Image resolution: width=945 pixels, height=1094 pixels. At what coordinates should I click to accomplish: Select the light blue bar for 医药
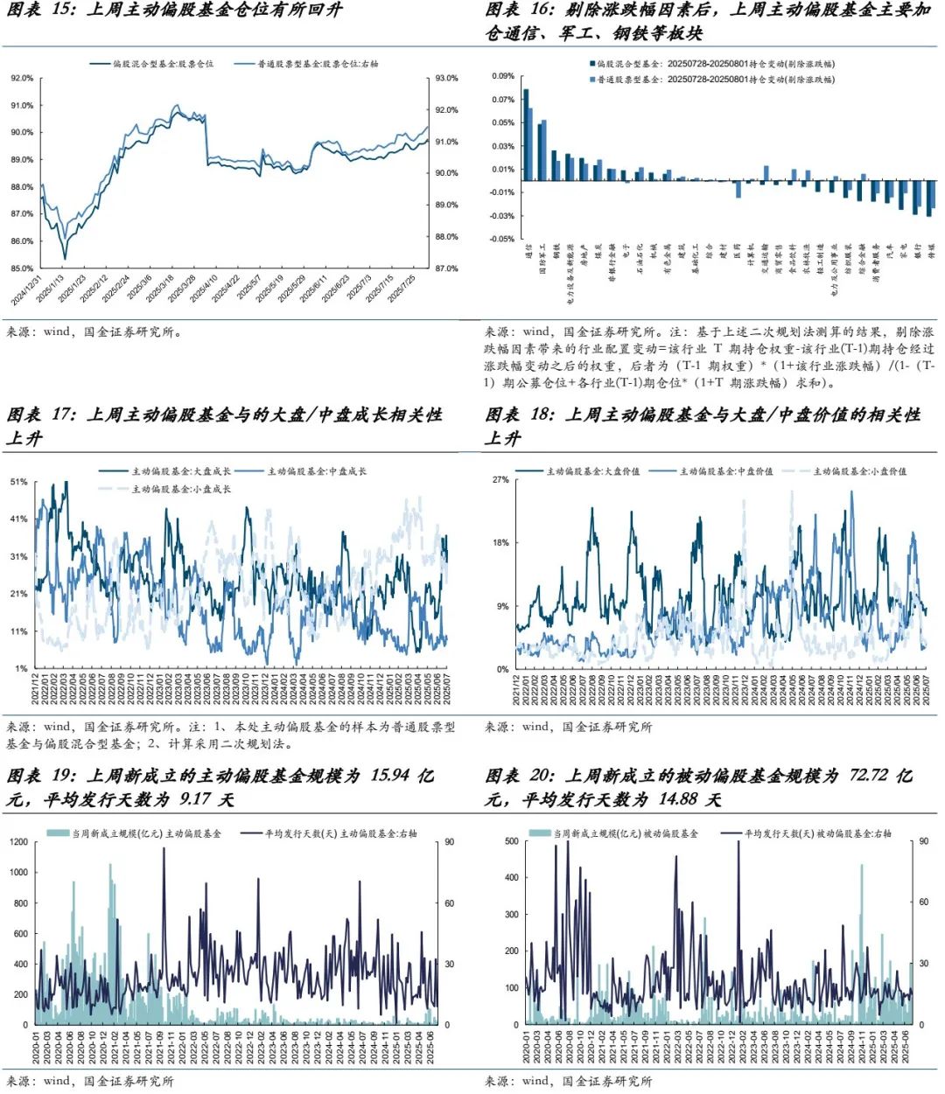coord(738,189)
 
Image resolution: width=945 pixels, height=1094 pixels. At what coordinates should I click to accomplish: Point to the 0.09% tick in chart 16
coord(503,76)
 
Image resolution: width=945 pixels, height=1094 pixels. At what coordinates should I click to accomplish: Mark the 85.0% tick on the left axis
coord(22,268)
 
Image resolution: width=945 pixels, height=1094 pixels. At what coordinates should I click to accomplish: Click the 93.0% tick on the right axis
coord(446,78)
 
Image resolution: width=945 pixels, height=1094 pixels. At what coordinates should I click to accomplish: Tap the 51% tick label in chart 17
coord(18,482)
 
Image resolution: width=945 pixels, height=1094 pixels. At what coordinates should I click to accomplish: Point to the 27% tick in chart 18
coord(500,480)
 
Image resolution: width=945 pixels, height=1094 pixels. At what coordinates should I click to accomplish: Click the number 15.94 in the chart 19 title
coord(389,776)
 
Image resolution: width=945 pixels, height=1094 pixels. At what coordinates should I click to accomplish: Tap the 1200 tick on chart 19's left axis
coord(18,842)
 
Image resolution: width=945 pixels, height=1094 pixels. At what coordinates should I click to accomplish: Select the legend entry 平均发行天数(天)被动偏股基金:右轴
coord(817,834)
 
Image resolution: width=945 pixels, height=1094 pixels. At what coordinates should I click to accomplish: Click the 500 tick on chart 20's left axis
coord(511,841)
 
